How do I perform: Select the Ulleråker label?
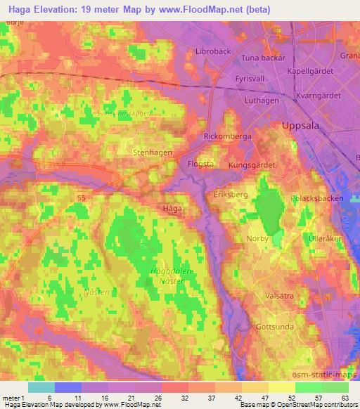click(x=325, y=238)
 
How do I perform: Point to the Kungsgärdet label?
click(x=252, y=164)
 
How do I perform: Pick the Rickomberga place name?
click(x=227, y=136)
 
